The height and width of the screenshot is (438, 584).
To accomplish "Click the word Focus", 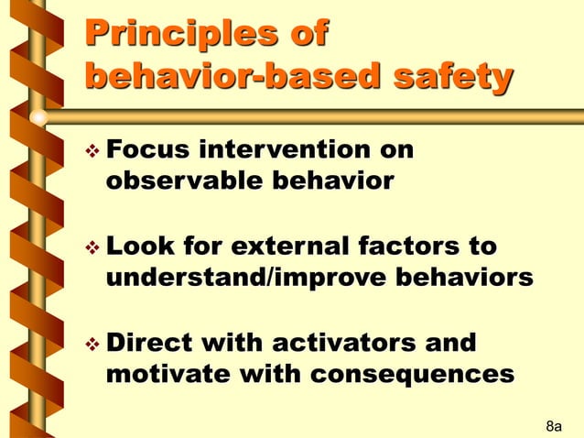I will point(148,150).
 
